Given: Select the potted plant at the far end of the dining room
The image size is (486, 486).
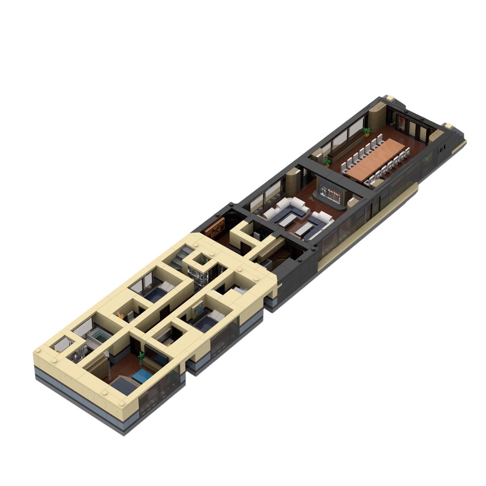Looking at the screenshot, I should (366, 130).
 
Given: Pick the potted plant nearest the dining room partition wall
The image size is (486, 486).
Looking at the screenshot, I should (326, 160).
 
